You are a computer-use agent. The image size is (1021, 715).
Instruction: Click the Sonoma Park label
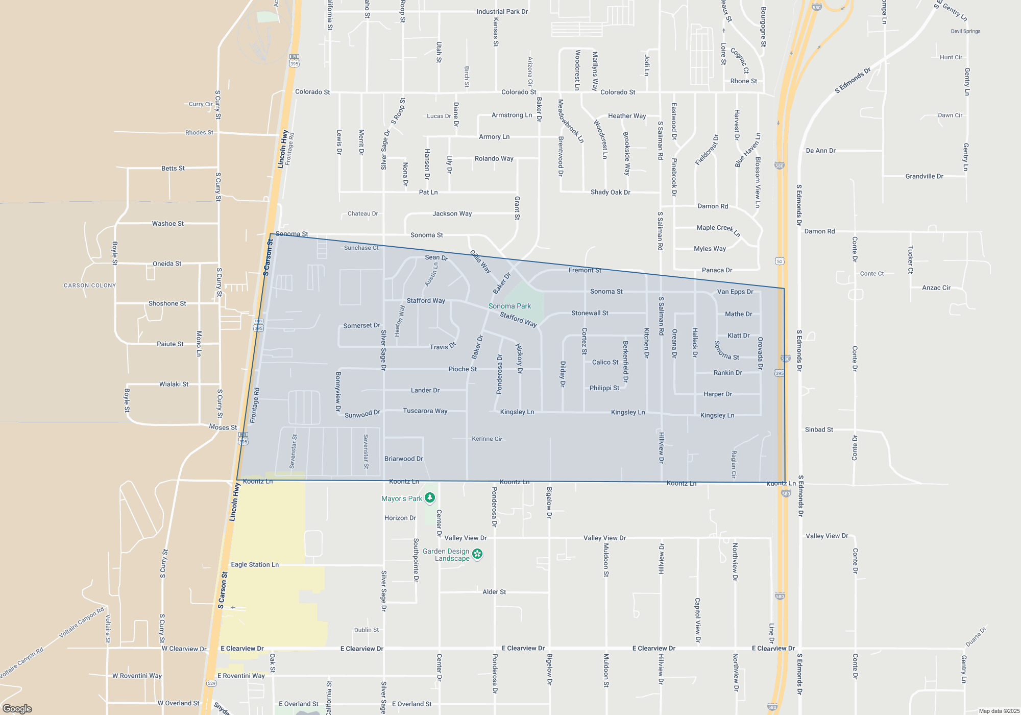tap(509, 306)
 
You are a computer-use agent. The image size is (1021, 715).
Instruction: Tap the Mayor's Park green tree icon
tap(430, 497)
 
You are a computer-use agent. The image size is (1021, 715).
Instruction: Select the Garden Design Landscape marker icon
tap(477, 554)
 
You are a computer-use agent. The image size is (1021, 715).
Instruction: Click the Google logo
tap(17, 708)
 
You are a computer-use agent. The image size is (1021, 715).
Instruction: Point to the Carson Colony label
tap(90, 285)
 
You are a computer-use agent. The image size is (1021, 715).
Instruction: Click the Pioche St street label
tap(463, 369)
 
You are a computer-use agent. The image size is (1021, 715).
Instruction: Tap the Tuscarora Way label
tap(425, 411)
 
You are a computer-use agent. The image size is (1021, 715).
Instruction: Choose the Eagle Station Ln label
tap(255, 564)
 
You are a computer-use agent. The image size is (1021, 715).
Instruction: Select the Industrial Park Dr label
tap(502, 11)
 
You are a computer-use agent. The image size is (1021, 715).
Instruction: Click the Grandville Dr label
tap(924, 176)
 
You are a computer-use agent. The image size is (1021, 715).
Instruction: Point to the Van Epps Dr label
tap(735, 292)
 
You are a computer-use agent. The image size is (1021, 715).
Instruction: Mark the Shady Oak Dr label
tap(610, 192)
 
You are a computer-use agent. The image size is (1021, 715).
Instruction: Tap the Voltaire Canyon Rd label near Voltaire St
tap(81, 622)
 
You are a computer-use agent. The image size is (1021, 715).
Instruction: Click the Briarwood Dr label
tap(403, 459)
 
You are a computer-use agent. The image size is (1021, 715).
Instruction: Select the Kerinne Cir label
tap(487, 439)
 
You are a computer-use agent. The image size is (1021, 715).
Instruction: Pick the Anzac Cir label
tap(936, 288)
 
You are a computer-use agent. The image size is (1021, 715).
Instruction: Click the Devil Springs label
tap(965, 31)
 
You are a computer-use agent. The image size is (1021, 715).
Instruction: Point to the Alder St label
tap(494, 592)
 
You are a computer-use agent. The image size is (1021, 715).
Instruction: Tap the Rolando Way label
tap(494, 158)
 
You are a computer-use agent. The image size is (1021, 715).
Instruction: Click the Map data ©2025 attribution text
tap(999, 711)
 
